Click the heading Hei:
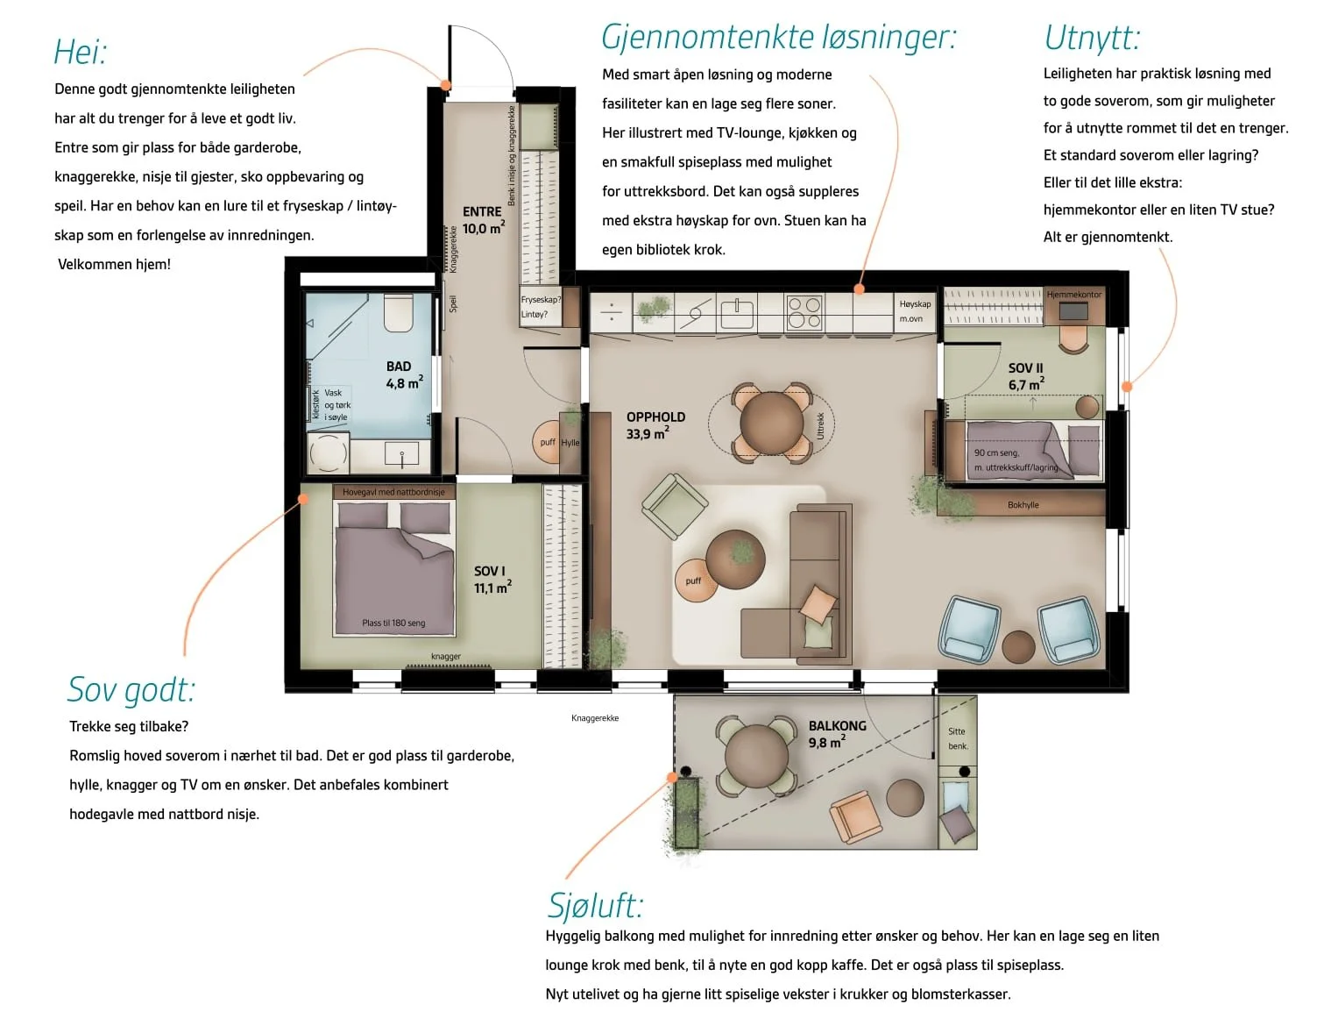click(81, 52)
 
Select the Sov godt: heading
click(131, 689)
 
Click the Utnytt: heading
click(1092, 38)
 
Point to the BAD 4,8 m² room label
click(404, 374)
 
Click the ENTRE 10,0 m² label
click(484, 219)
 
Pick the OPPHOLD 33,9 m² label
click(655, 425)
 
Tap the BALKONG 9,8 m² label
click(837, 734)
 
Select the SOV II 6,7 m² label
click(1026, 376)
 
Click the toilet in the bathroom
click(398, 312)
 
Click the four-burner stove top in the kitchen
click(804, 312)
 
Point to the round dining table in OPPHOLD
click(771, 423)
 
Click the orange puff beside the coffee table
click(695, 581)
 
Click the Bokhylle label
click(1023, 505)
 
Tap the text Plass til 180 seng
click(393, 623)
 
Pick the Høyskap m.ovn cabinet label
click(915, 311)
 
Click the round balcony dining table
click(756, 757)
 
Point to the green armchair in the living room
click(675, 506)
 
